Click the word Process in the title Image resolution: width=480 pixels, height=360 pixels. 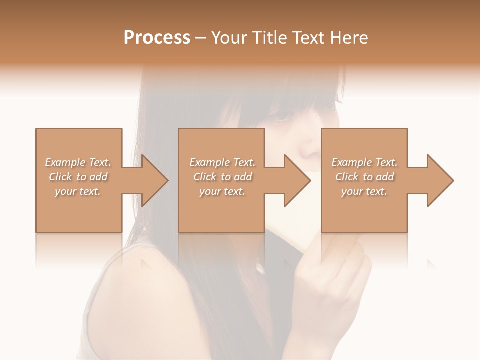(157, 38)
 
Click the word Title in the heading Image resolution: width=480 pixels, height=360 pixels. (268, 38)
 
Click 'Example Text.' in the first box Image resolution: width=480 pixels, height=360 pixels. (78, 162)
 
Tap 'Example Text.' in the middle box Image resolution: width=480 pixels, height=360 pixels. (222, 162)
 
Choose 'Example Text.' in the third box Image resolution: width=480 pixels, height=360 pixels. (364, 162)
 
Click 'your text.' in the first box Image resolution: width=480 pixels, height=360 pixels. (78, 191)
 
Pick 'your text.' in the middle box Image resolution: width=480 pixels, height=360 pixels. (222, 191)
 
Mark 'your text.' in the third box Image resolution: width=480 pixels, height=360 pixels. (364, 191)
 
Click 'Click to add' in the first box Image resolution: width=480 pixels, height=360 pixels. (78, 177)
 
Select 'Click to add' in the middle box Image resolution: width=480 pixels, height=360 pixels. (222, 177)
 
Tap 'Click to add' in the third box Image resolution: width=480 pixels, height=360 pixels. (364, 177)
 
